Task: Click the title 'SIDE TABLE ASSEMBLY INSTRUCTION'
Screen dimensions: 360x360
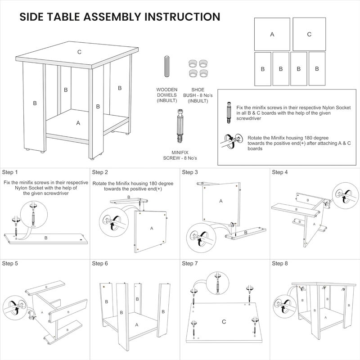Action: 120,17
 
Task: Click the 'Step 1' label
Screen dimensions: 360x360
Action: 10,172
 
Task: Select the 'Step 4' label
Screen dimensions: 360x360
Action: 280,172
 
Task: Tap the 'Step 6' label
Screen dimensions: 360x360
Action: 100,263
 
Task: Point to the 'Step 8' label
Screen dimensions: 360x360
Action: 280,263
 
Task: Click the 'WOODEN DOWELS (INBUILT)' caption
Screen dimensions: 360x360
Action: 167,95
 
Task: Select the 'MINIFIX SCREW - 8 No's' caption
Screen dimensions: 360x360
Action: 180,156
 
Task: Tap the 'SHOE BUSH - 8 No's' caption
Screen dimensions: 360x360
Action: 198,95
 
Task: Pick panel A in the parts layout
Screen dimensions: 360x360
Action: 272,34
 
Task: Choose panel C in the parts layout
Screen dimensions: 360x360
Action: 309,34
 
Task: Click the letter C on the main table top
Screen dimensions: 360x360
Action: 79,52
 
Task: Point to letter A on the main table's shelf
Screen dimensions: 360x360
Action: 78,122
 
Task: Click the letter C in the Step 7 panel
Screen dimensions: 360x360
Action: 224,322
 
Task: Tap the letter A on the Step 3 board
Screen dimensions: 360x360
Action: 221,201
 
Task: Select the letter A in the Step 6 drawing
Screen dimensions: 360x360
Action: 136,324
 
